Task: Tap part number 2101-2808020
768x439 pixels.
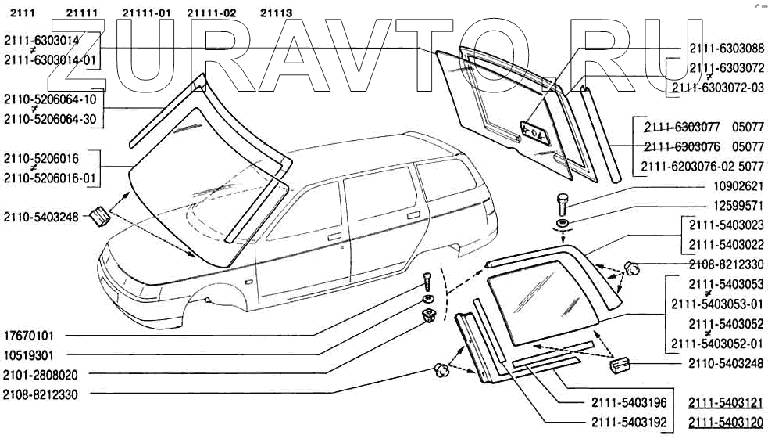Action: coord(41,375)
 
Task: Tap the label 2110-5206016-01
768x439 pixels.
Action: coord(51,178)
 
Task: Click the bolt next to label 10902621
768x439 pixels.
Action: coord(563,205)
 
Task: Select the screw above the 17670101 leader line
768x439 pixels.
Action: coord(427,281)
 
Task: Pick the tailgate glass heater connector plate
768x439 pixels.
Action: coord(536,133)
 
